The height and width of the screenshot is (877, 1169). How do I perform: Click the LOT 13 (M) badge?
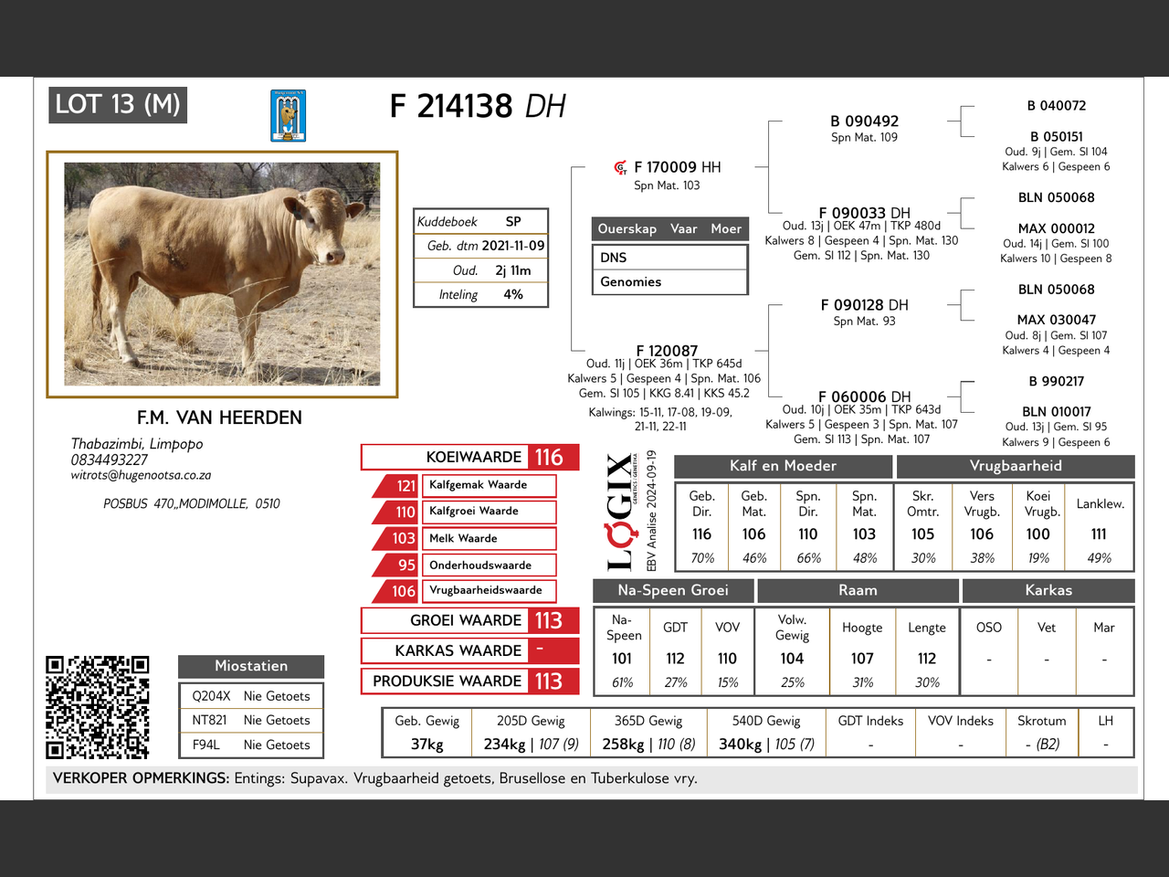click(118, 104)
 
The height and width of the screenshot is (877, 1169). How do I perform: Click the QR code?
click(98, 706)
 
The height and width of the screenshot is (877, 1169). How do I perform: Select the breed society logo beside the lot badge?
click(288, 116)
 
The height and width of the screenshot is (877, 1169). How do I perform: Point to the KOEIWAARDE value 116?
click(549, 457)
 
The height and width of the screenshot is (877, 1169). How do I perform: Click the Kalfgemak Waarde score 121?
click(405, 485)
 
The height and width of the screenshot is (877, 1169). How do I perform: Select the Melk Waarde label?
click(463, 538)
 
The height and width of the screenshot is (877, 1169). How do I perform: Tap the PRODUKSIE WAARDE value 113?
click(549, 681)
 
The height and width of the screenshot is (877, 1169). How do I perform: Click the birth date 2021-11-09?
click(512, 246)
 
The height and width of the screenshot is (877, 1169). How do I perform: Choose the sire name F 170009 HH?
click(677, 167)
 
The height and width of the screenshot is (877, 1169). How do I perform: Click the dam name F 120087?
click(667, 351)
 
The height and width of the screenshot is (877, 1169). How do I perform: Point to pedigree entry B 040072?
click(1057, 106)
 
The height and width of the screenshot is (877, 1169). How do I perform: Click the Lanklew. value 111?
click(1099, 534)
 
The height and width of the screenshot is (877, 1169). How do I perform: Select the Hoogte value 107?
click(862, 658)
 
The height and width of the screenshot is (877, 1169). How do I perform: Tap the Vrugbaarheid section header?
click(1016, 466)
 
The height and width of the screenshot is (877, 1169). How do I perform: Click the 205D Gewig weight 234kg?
click(504, 744)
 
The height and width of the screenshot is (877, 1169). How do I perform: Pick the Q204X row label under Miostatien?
click(211, 696)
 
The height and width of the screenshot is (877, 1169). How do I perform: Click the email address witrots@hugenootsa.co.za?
click(141, 475)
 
